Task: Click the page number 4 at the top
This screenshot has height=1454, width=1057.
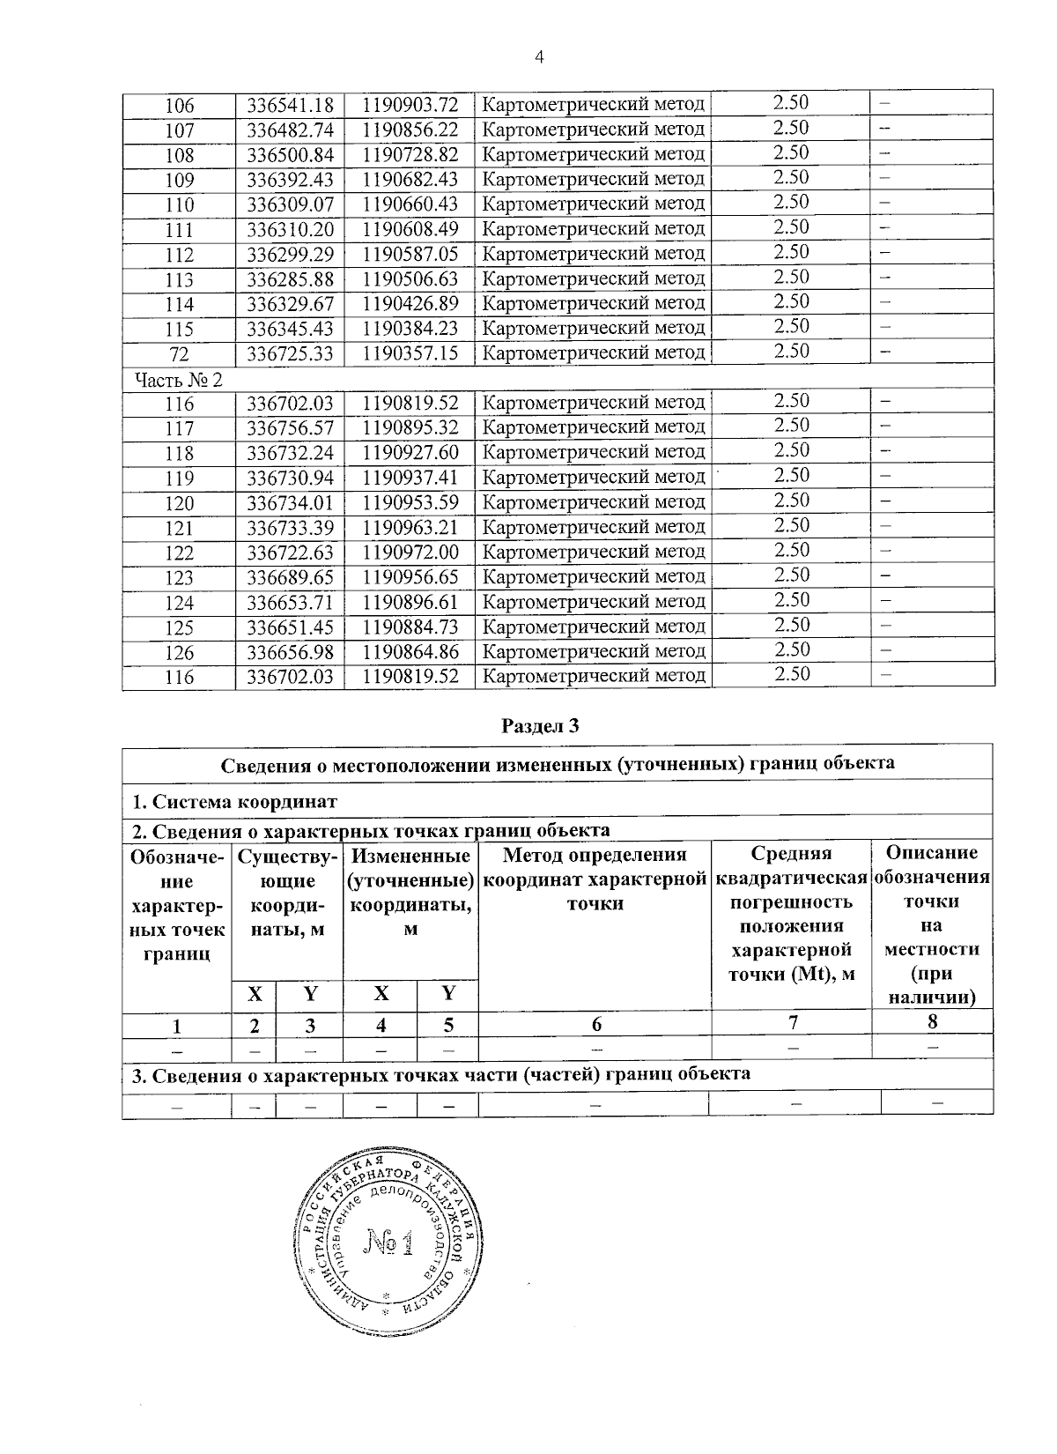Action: point(540,57)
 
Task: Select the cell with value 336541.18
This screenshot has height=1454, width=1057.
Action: point(289,105)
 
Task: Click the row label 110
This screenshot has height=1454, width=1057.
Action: point(179,204)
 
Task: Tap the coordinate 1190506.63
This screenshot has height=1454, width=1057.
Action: point(410,278)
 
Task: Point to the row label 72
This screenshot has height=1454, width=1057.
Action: point(179,352)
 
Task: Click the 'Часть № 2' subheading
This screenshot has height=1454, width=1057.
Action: point(179,380)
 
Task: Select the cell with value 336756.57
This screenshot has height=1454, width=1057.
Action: point(289,427)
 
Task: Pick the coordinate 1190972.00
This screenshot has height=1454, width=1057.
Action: point(410,552)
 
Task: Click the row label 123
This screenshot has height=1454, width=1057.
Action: point(179,578)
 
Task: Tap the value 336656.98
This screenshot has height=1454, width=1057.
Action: point(289,652)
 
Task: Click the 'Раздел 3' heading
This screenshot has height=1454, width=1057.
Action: point(541,726)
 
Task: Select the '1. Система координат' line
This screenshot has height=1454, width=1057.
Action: point(233,802)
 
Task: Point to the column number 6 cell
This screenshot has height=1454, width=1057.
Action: point(596,1023)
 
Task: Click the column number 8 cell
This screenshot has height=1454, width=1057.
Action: point(932,1022)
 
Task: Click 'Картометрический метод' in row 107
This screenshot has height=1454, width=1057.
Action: point(595,130)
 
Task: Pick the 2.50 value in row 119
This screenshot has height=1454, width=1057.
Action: point(790,476)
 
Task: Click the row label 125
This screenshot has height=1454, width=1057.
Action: point(179,627)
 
